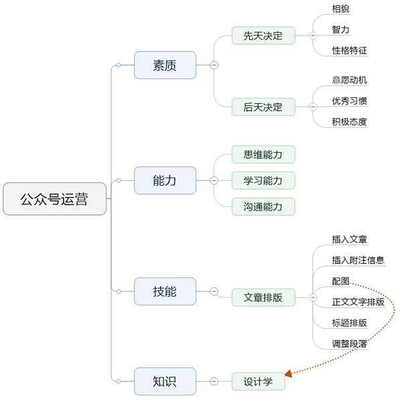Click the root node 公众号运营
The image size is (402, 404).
click(x=54, y=199)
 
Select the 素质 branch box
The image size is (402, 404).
click(x=165, y=65)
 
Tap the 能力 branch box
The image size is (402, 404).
click(x=165, y=180)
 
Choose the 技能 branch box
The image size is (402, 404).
click(x=165, y=291)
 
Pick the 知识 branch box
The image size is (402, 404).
click(x=165, y=381)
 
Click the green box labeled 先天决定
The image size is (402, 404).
click(x=263, y=36)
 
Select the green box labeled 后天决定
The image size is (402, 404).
click(x=263, y=107)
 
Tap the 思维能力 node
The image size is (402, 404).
click(x=263, y=155)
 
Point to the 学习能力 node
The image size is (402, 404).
click(x=263, y=180)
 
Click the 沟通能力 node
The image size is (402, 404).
click(x=263, y=206)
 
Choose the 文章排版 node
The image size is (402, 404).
click(x=263, y=297)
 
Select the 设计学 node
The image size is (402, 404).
click(x=259, y=381)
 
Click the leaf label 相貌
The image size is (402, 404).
click(x=340, y=9)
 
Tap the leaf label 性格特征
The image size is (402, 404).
click(x=349, y=50)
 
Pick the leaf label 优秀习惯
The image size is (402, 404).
click(x=349, y=100)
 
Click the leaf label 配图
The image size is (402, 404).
click(x=340, y=281)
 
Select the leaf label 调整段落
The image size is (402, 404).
click(x=349, y=344)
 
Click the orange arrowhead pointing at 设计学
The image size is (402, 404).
click(x=289, y=373)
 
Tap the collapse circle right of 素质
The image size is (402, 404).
click(x=214, y=65)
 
